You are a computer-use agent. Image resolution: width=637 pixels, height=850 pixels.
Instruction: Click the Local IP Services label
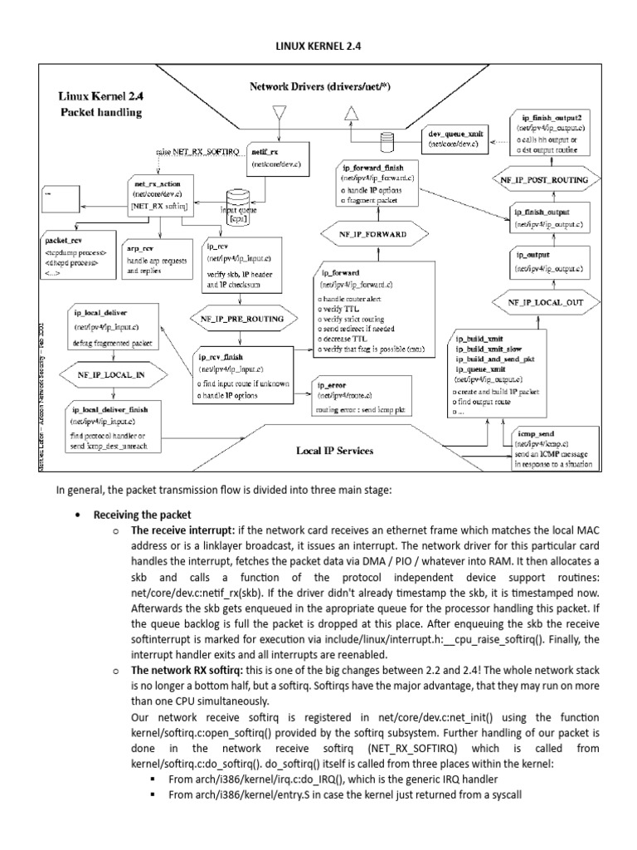(x=334, y=451)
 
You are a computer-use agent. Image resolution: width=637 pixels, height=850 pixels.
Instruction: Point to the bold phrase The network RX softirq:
(x=189, y=669)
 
